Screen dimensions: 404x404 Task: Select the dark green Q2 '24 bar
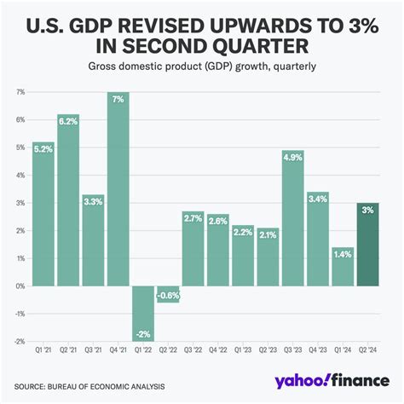[x=367, y=247]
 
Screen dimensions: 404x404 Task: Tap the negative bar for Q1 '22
[x=142, y=312]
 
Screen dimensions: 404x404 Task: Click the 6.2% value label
[x=68, y=122]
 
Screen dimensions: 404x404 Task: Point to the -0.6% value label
[x=168, y=296]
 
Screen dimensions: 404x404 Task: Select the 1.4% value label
[x=343, y=253]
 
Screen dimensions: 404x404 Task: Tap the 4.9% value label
[x=293, y=158]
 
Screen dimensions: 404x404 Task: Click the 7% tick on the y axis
[x=20, y=91]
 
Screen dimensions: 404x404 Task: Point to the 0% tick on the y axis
[x=20, y=286]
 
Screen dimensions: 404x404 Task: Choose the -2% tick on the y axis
[x=20, y=341]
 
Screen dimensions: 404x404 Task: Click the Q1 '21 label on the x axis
[x=43, y=350]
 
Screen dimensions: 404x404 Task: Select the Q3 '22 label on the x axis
[x=193, y=350]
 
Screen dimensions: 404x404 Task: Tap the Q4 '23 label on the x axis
[x=318, y=350]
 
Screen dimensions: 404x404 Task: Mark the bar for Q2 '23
[x=268, y=257]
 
